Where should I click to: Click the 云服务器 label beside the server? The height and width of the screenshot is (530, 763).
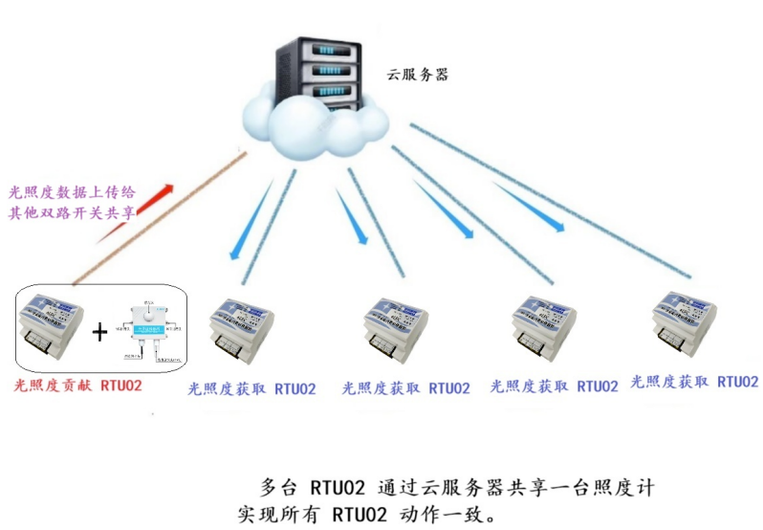[x=417, y=74]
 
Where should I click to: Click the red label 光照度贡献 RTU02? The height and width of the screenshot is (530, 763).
[x=78, y=386]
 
